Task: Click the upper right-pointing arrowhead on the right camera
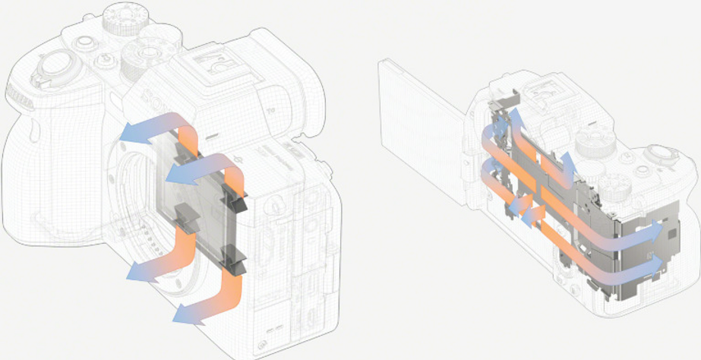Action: click(655, 229)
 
